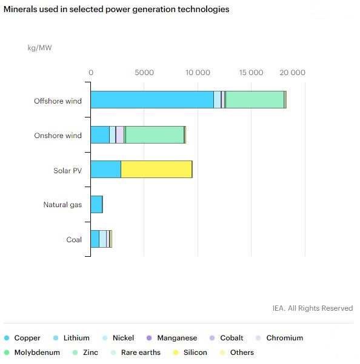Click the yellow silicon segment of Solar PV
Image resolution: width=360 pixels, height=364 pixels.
tap(156, 170)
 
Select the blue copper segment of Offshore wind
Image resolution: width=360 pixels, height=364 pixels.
tap(152, 100)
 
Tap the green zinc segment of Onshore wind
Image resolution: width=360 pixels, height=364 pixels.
tap(155, 134)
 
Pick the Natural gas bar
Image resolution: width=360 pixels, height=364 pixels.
tap(96, 204)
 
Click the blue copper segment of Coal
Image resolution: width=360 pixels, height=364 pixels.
tap(95, 239)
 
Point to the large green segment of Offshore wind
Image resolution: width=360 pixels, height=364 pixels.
tap(255, 100)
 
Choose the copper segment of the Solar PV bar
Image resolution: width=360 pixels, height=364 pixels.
tap(106, 170)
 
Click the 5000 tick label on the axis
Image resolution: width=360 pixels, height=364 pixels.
tap(144, 73)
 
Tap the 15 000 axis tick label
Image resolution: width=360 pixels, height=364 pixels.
tap(251, 73)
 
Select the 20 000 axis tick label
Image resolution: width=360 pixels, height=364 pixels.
tap(292, 73)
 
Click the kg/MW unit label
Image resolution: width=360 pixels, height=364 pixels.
tap(40, 48)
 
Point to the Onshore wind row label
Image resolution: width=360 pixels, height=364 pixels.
tap(58, 135)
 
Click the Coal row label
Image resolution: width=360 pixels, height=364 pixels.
tap(74, 240)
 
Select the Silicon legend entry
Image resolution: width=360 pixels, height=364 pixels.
tap(190, 352)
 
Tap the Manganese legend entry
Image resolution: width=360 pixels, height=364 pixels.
tap(172, 338)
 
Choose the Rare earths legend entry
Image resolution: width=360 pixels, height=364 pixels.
tap(136, 352)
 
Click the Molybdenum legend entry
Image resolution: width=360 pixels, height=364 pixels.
tap(32, 352)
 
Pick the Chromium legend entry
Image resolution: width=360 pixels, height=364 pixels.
tap(279, 338)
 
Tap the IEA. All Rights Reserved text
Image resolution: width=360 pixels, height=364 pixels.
tap(313, 308)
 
